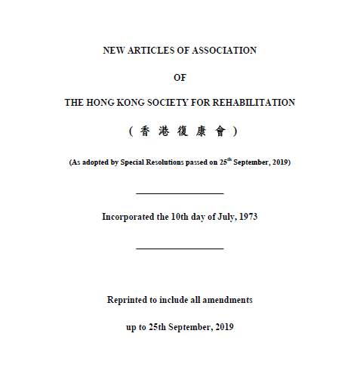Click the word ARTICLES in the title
tap(149, 51)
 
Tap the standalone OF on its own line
tap(180, 77)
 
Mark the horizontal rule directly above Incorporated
tap(180, 193)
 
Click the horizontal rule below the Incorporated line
tap(180, 248)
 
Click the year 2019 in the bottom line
tap(223, 326)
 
